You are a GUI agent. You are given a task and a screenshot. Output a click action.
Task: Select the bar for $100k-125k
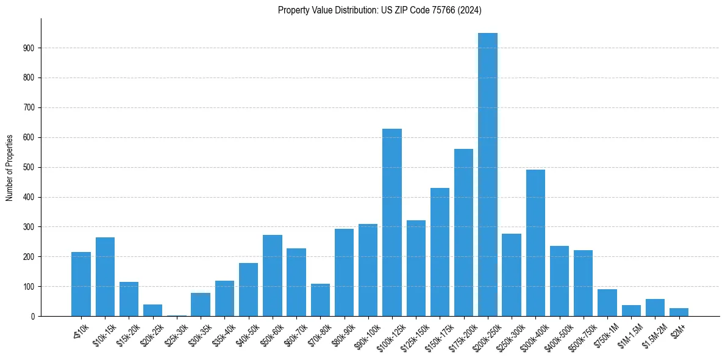(x=392, y=223)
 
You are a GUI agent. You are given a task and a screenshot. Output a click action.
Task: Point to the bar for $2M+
(x=679, y=312)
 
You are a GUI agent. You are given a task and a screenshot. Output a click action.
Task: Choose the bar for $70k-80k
(x=320, y=300)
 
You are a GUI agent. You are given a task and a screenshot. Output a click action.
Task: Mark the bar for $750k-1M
(x=607, y=303)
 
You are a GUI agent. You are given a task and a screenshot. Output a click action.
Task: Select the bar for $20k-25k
(x=153, y=310)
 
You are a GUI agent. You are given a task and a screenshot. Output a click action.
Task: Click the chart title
(x=380, y=10)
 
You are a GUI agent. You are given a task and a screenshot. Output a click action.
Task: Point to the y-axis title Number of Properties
(x=10, y=168)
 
